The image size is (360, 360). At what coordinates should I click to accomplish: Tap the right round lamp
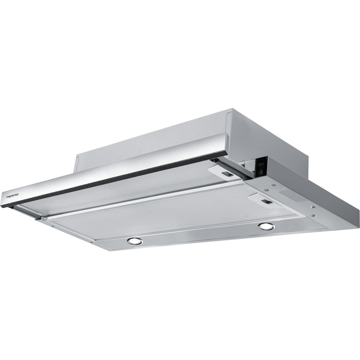click(x=266, y=226)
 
